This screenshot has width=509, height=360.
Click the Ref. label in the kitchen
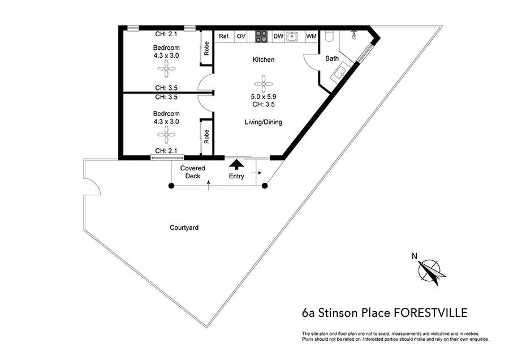(x=224, y=37)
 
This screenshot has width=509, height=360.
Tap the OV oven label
(x=241, y=37)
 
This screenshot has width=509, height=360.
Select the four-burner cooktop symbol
(x=261, y=36)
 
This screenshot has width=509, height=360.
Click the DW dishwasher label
(x=278, y=37)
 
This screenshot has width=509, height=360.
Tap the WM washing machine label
(x=311, y=37)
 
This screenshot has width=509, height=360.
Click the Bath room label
(x=331, y=58)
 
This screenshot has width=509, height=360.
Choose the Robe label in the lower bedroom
(x=207, y=136)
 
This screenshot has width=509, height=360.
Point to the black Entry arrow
(x=236, y=165)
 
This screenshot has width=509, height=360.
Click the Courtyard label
(x=184, y=228)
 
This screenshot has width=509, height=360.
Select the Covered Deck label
(x=193, y=172)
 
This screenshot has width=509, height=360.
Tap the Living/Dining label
(x=263, y=122)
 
